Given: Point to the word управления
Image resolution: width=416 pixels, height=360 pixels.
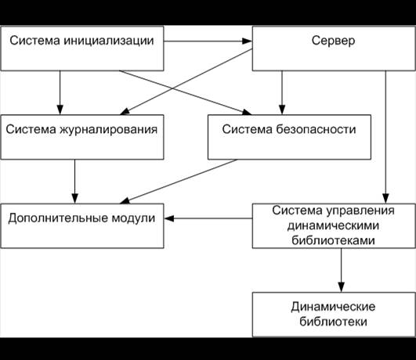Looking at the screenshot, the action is coord(360,211).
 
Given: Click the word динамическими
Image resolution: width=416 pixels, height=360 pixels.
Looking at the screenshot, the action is coord(333,226).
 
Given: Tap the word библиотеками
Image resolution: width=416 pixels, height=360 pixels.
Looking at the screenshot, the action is coord(333,240).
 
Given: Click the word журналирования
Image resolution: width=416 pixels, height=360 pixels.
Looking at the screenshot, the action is coord(108,130).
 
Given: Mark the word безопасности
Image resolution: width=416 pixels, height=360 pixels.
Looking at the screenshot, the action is coord(316,129).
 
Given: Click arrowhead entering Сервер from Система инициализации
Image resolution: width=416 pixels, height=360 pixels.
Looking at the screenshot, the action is coord(247,41).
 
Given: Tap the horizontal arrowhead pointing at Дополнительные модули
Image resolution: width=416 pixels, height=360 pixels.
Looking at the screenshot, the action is coord(169,218).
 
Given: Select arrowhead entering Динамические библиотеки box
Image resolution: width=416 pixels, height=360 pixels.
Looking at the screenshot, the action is coord(342,287).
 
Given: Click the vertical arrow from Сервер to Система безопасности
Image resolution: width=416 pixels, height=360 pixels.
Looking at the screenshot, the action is coord(282,92).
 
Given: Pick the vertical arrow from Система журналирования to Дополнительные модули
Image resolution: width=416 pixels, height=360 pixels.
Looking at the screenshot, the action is coord(74,182).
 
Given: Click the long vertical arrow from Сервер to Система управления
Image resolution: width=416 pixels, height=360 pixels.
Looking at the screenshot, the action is coord(385,137).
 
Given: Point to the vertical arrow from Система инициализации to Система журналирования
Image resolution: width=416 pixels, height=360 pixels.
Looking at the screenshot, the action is coord(60,92).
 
